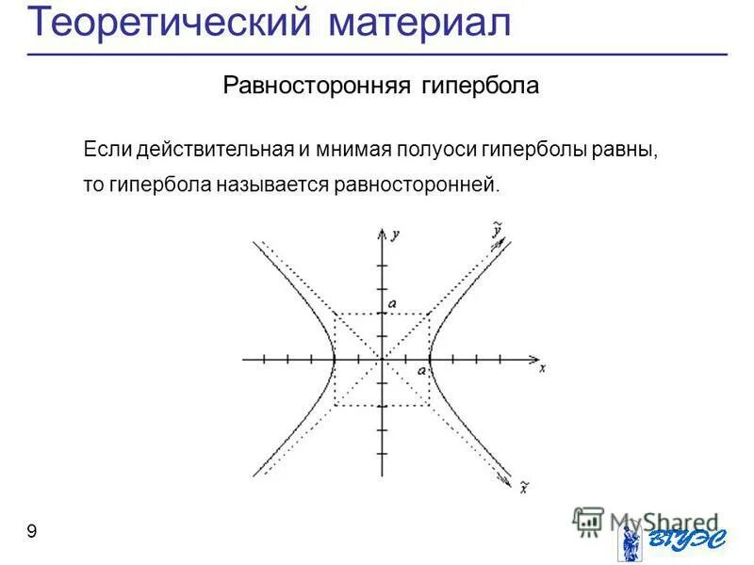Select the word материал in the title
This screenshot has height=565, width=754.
click(420, 23)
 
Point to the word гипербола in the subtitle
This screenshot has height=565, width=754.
click(480, 87)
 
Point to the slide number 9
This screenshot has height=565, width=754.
click(32, 532)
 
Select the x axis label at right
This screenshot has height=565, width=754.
click(543, 368)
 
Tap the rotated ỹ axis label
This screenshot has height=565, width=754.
click(495, 229)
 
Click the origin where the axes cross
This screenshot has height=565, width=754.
click(382, 359)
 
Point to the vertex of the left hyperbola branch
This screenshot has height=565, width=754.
click(335, 359)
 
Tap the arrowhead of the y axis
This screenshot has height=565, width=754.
click(382, 231)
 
